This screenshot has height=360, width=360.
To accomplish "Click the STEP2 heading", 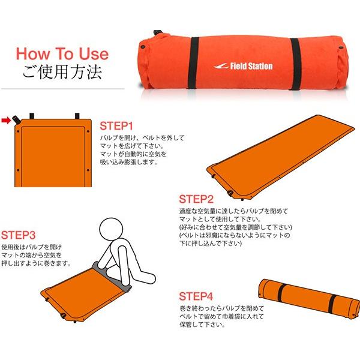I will (x=196, y=199).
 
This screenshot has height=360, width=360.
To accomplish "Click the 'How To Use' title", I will (x=62, y=53).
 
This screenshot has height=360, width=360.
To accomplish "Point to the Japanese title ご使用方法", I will (x=62, y=73).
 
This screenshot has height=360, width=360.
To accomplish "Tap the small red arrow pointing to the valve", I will (x=8, y=121).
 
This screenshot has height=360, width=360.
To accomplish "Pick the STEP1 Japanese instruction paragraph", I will (x=141, y=150).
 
